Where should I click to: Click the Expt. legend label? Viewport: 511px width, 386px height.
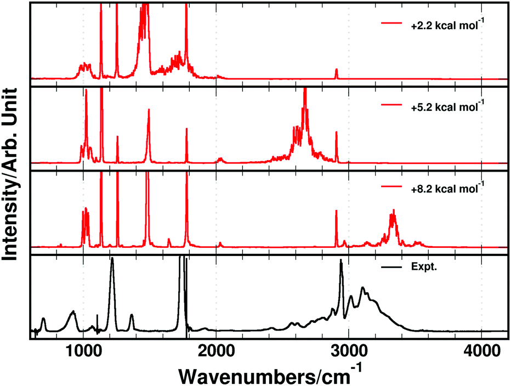click(x=420, y=268)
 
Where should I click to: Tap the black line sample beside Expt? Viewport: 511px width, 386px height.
click(x=391, y=268)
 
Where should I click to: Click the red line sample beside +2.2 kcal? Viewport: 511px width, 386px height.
click(x=391, y=24)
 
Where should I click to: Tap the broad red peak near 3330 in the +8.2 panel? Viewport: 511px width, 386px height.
click(x=393, y=213)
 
